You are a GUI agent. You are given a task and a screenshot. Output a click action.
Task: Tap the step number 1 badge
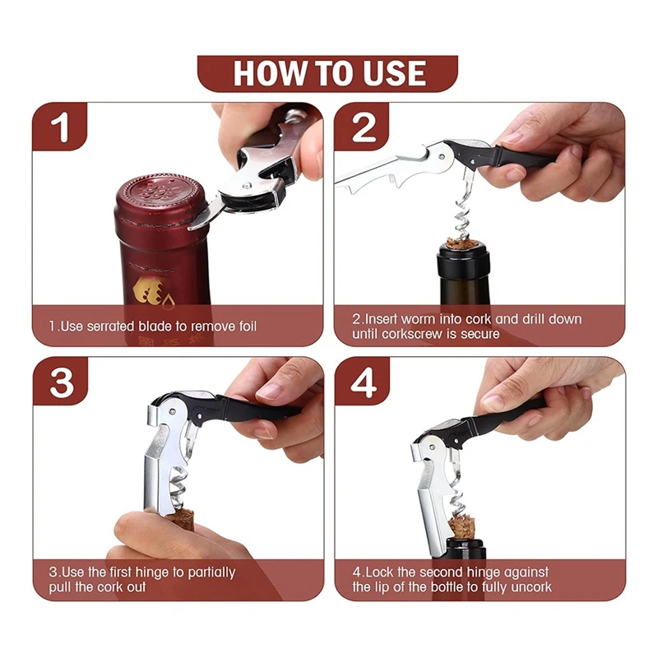click(59, 127)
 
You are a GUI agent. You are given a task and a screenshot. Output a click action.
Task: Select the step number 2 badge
click(362, 127)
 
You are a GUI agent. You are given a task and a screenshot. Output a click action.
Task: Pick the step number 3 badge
click(60, 382)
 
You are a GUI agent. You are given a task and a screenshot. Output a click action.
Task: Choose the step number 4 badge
click(363, 382)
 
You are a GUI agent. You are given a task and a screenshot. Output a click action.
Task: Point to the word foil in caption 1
click(248, 326)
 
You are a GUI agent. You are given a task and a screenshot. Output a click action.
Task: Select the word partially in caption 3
click(211, 572)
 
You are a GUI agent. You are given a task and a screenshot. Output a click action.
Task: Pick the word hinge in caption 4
click(484, 572)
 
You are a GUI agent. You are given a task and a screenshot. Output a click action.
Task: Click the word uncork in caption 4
click(534, 586)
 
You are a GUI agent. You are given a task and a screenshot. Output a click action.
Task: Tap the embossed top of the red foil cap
click(162, 192)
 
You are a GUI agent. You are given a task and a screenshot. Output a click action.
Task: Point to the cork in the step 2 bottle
click(463, 243)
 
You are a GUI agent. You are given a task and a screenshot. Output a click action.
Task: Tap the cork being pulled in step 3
click(179, 517)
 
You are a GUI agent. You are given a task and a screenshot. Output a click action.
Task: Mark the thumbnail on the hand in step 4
click(494, 402)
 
